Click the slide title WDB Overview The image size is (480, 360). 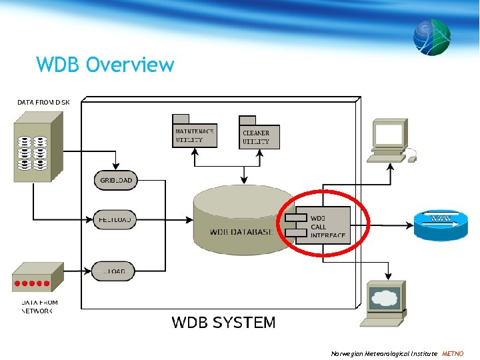tap(105, 65)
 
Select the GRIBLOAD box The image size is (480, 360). tap(115, 181)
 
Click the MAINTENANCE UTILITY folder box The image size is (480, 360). tap(194, 135)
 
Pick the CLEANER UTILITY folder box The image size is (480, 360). tap(259, 137)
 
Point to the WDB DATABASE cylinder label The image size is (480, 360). tap(241, 231)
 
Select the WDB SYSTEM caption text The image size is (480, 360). tap(223, 323)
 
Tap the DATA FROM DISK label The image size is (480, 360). tap(43, 102)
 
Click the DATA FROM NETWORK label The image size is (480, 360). tap(39, 307)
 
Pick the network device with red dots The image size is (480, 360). tap(37, 277)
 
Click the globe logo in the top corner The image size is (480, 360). tap(431, 37)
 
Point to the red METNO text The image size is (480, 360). tap(453, 353)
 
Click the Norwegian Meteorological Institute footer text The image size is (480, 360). tap(384, 353)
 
